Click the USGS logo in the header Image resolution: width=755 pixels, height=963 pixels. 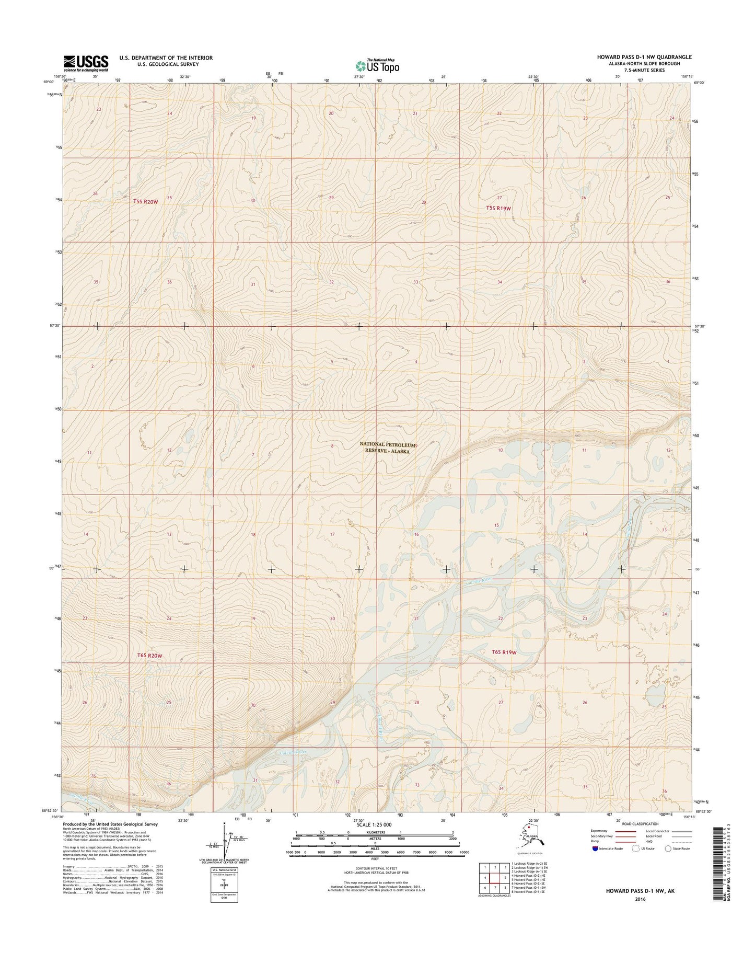click(86, 63)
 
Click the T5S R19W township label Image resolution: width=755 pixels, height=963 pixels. click(498, 208)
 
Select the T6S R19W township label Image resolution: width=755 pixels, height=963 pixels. click(504, 652)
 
